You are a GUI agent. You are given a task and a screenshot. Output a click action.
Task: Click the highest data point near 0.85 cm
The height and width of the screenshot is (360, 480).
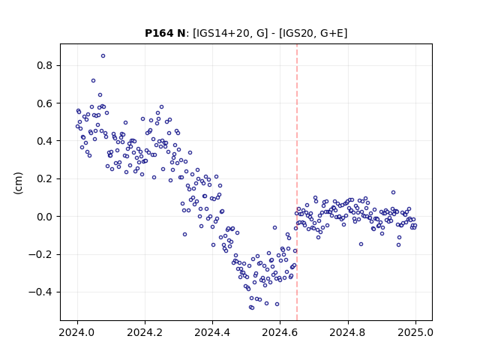point(103,56)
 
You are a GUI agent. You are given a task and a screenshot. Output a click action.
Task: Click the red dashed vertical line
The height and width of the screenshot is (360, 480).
point(297,182)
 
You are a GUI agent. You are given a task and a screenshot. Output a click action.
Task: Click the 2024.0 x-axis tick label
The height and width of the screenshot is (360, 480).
point(77,332)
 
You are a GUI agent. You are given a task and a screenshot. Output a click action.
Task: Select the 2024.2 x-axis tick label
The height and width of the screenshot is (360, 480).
point(145,332)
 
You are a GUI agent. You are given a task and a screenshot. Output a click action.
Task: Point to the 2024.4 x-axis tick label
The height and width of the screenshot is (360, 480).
point(212,332)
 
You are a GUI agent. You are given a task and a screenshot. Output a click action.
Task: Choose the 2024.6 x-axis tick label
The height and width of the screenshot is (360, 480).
point(280,332)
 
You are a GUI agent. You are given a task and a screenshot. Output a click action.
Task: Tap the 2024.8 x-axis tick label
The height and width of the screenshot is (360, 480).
point(348,332)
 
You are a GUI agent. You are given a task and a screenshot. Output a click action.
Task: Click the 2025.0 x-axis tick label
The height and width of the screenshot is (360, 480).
point(415,332)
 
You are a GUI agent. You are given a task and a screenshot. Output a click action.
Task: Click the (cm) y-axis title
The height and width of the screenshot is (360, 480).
point(18,183)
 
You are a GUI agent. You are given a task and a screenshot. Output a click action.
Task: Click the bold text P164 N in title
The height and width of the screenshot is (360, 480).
point(165,33)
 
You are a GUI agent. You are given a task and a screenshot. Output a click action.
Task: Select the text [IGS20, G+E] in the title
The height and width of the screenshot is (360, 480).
point(313,33)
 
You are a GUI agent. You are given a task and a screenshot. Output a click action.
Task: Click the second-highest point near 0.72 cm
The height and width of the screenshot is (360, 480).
point(93,81)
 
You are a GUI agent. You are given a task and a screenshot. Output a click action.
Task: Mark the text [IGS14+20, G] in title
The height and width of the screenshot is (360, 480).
point(230,33)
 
